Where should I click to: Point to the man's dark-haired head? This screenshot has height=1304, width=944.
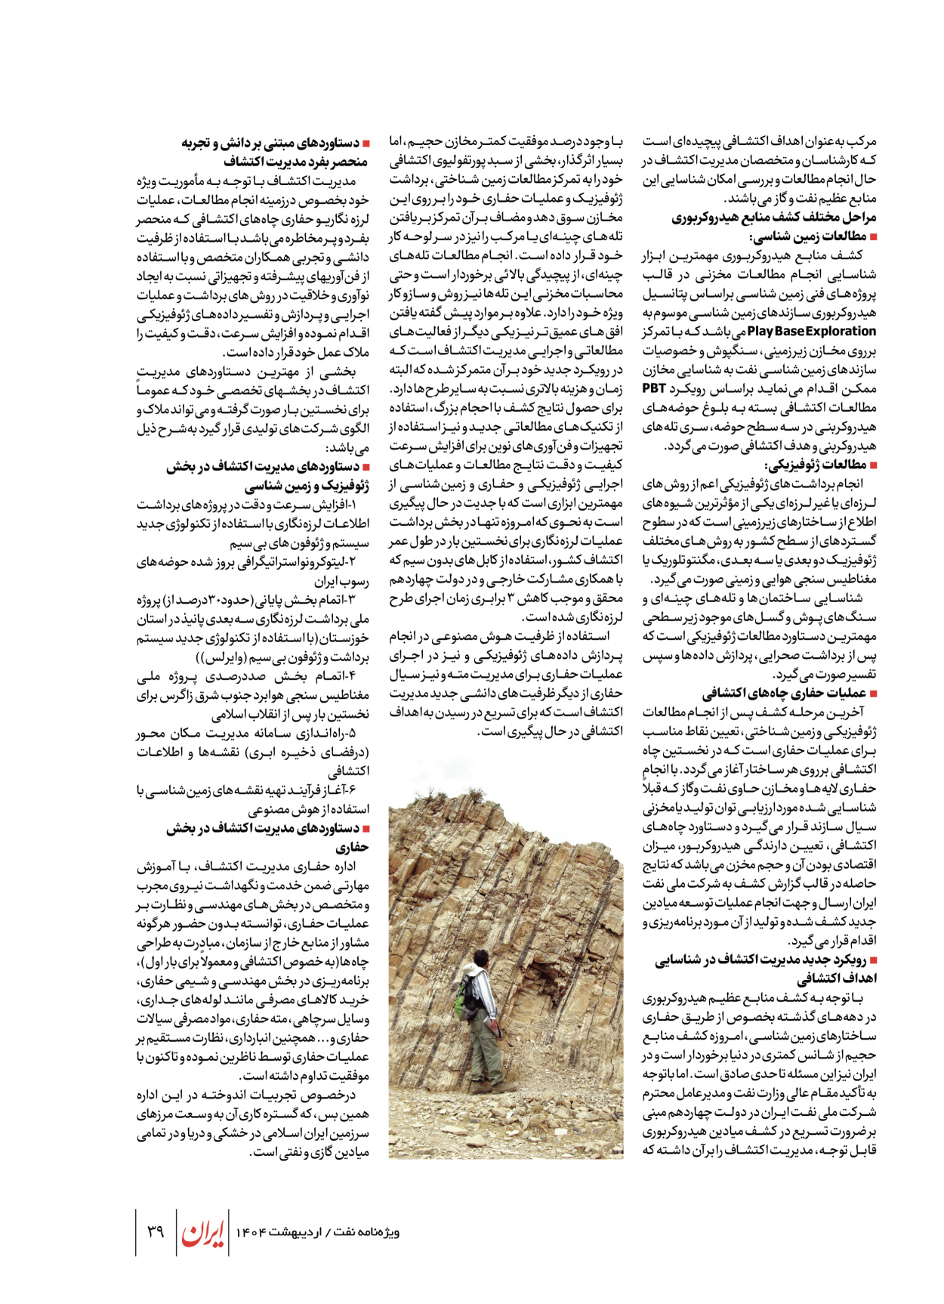(478, 959)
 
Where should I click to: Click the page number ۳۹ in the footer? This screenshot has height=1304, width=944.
(155, 1231)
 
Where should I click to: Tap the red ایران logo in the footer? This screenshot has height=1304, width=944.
(202, 1232)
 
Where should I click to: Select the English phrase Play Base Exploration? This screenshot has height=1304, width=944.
(812, 331)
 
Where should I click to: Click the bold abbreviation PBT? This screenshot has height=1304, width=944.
(654, 388)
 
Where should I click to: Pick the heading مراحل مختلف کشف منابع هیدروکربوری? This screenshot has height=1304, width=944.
(774, 218)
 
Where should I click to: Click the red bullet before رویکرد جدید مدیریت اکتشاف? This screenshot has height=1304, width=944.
(873, 960)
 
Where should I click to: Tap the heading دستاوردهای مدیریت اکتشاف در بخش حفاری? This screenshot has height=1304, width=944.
(264, 829)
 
